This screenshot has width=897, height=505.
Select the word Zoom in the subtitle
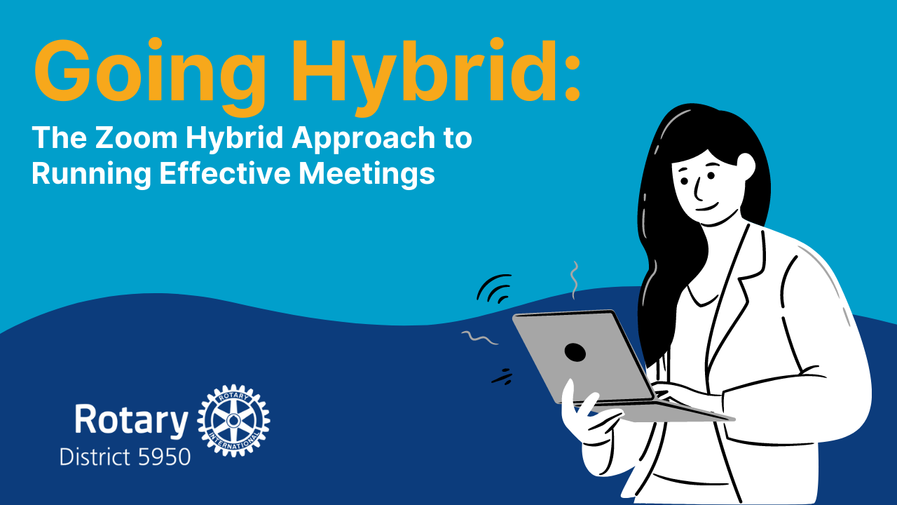136,137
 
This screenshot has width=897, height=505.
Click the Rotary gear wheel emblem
233,420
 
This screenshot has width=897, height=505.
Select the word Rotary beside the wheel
131,421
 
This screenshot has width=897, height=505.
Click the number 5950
164,457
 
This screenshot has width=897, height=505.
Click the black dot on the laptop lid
575,352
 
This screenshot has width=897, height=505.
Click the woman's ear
746,168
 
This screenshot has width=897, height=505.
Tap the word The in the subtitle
60,137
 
